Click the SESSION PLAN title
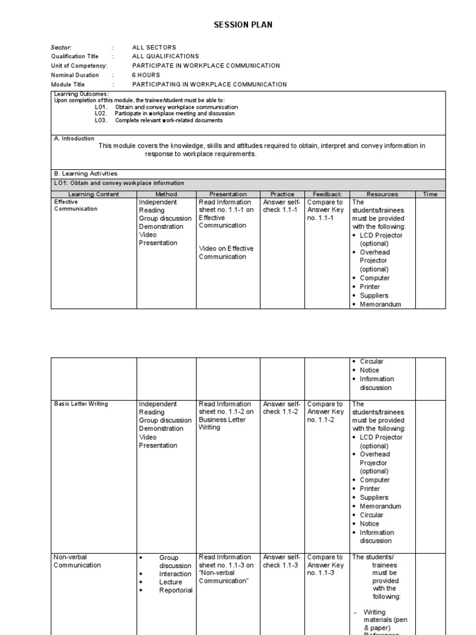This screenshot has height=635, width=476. pyautogui.click(x=242, y=25)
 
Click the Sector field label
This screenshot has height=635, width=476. pyautogui.click(x=61, y=47)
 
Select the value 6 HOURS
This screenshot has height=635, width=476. pyautogui.click(x=146, y=75)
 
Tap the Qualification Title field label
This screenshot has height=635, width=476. pyautogui.click(x=74, y=56)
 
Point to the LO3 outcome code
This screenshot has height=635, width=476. pyautogui.click(x=101, y=120)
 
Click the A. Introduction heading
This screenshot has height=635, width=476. pyautogui.click(x=74, y=139)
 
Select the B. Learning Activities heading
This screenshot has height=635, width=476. pyautogui.click(x=86, y=174)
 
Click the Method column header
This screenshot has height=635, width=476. pyautogui.click(x=165, y=194)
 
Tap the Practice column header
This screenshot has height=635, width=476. pyautogui.click(x=282, y=194)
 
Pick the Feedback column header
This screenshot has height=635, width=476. pyautogui.click(x=327, y=194)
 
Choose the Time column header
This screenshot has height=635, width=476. pyautogui.click(x=430, y=194)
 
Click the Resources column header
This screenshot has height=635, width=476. pyautogui.click(x=382, y=194)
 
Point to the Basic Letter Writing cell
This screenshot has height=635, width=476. pyautogui.click(x=81, y=404)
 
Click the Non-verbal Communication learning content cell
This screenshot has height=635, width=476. pyautogui.click(x=77, y=561)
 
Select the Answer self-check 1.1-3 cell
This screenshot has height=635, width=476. pyautogui.click(x=281, y=561)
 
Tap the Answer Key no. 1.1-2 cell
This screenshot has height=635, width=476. pyautogui.click(x=325, y=412)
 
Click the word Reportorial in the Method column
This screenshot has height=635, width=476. pyautogui.click(x=175, y=590)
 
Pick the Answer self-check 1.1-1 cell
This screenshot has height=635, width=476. pyautogui.click(x=281, y=206)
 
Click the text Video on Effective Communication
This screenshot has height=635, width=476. pyautogui.click(x=226, y=252)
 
